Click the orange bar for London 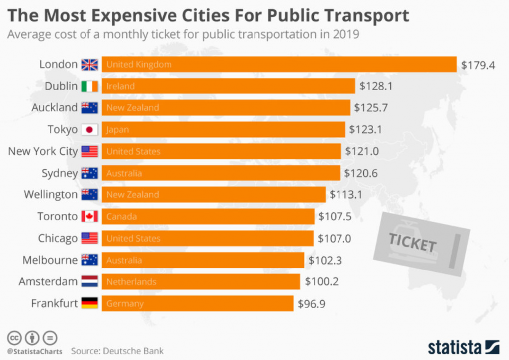279,64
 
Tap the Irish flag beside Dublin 89,86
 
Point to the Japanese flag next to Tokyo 89,130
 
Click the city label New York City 43,151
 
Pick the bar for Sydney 221,173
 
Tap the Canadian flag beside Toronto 89,217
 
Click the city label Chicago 58,238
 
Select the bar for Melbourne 203,260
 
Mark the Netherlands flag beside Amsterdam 89,282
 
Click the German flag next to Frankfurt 89,303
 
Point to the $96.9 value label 311,304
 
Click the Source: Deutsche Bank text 117,351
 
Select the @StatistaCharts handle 35,351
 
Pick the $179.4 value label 478,65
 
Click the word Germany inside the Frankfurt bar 125,304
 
